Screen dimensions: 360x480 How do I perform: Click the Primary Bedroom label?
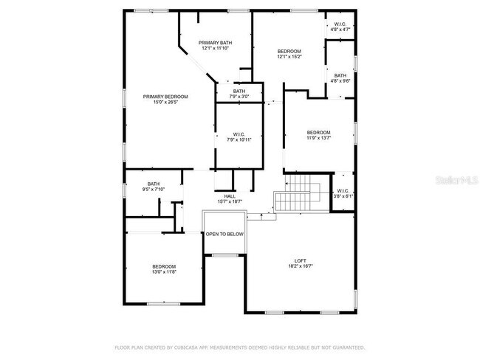click(165, 97)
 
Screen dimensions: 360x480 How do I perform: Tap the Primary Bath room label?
click(216, 43)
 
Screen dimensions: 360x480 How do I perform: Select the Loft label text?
click(300, 260)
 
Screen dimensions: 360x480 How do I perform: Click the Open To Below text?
click(224, 235)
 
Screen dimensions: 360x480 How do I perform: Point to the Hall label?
click(230, 195)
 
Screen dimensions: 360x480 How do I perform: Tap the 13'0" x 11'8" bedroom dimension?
click(164, 272)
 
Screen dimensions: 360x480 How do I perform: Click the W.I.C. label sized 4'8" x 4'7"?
click(340, 24)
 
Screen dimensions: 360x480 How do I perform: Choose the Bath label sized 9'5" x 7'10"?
click(154, 184)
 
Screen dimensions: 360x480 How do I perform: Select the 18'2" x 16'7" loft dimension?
click(300, 266)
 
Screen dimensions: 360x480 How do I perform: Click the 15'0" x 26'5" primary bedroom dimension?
click(165, 102)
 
